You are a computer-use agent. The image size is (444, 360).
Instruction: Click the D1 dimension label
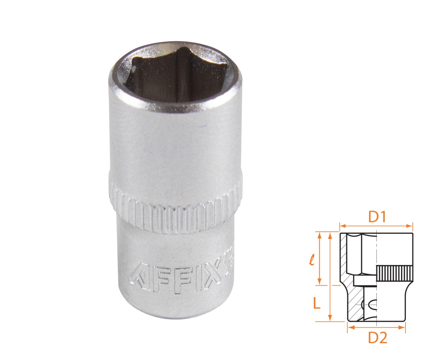point(377,217)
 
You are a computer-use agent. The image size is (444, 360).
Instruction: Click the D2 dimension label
point(377,337)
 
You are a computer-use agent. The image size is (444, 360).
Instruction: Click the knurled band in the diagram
point(394,273)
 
